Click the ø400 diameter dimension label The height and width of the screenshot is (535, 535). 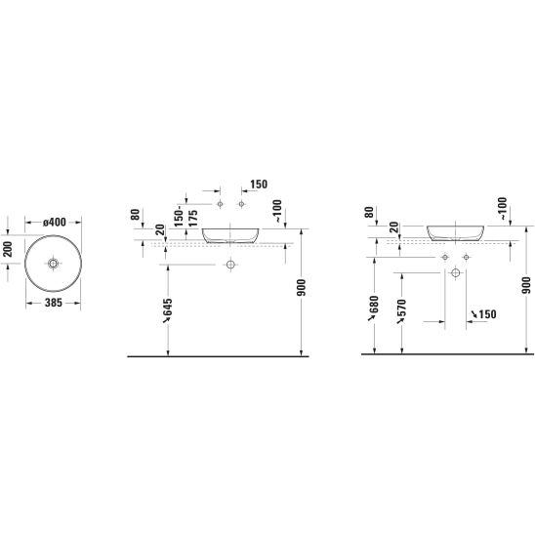click(55, 223)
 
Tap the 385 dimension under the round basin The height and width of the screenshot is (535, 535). click(54, 303)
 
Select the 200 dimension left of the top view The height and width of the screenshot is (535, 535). click(8, 249)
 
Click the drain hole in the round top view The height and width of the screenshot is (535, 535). click(54, 263)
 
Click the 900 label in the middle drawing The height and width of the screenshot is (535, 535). click(302, 288)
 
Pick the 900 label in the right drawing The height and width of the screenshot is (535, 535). click(526, 286)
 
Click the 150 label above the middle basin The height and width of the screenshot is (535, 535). click(259, 185)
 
